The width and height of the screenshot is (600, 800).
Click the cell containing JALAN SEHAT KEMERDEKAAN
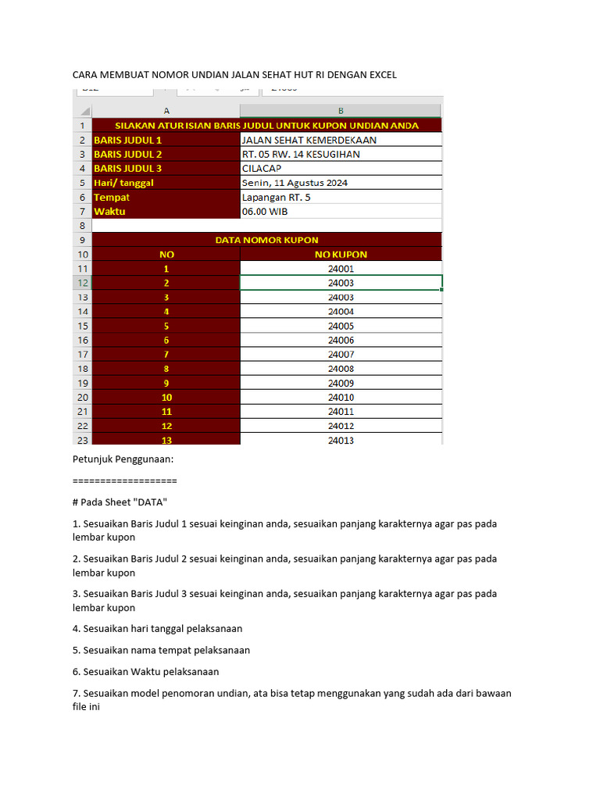tap(309, 140)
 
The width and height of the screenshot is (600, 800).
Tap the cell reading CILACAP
tap(262, 168)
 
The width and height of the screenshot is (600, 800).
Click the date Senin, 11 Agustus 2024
tap(295, 183)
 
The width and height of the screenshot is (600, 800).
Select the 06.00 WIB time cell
tap(264, 211)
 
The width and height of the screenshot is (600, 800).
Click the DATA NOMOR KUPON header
tap(266, 240)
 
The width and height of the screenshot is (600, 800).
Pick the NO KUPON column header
tap(341, 254)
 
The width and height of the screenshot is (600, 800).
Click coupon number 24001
tap(341, 269)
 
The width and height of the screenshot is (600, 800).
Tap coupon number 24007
tap(341, 354)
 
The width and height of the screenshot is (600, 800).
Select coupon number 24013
tap(341, 440)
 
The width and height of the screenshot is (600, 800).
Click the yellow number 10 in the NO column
tap(166, 397)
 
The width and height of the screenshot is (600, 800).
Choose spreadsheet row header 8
tap(82, 225)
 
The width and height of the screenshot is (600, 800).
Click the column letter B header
tap(341, 111)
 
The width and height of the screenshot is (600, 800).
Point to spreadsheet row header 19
tap(82, 383)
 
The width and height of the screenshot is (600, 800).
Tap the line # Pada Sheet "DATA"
tap(120, 502)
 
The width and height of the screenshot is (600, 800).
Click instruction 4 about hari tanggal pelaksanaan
tap(157, 628)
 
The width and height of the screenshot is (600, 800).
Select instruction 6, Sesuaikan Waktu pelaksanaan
tap(145, 671)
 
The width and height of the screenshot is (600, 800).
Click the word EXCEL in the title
tap(380, 75)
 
